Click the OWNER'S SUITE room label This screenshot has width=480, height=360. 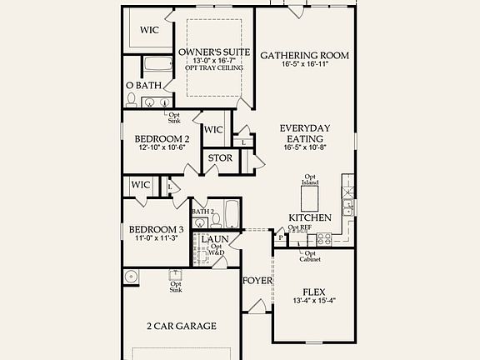click(214, 52)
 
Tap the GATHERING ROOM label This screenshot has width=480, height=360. click(305, 56)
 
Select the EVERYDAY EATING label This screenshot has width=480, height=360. click(305, 133)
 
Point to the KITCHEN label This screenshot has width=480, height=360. click(310, 217)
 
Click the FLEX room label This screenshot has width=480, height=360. click(314, 292)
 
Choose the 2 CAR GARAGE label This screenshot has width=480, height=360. click(182, 326)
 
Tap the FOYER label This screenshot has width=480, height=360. click(257, 281)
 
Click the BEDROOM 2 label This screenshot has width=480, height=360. click(163, 138)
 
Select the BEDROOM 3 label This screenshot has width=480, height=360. click(156, 229)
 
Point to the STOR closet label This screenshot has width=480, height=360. click(220, 158)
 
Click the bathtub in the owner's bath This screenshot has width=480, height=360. click(155, 65)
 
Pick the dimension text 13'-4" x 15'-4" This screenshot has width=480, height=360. click(314, 301)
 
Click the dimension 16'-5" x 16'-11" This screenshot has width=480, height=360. click(305, 65)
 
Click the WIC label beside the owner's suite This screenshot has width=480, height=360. click(149, 30)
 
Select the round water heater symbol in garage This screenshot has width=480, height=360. click(132, 276)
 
